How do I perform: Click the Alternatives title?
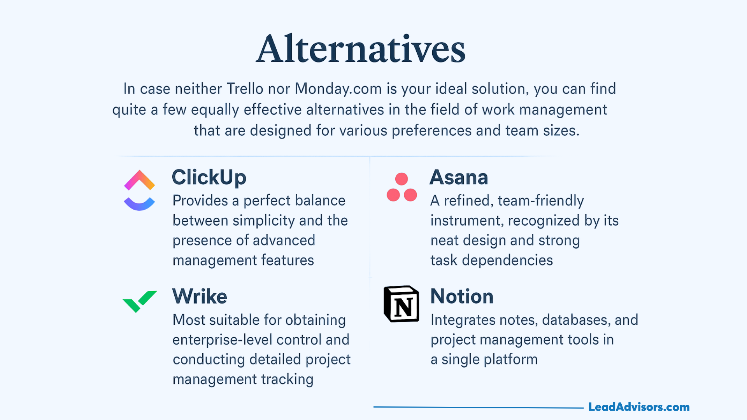click(x=361, y=49)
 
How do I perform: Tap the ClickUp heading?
click(x=209, y=177)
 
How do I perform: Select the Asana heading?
click(x=459, y=177)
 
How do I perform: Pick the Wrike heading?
click(x=200, y=296)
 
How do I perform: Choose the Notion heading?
click(x=462, y=296)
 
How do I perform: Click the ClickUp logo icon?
click(x=139, y=190)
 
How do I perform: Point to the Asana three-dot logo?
click(x=402, y=187)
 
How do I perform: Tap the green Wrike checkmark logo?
click(x=140, y=301)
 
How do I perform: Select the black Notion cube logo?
click(x=402, y=304)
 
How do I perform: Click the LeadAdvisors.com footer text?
click(x=639, y=407)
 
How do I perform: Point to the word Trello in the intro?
click(x=245, y=89)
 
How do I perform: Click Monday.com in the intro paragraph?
click(x=338, y=89)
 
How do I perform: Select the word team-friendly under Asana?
click(x=541, y=201)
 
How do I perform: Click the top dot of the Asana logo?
click(x=402, y=179)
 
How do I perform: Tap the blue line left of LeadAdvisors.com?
click(x=479, y=408)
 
